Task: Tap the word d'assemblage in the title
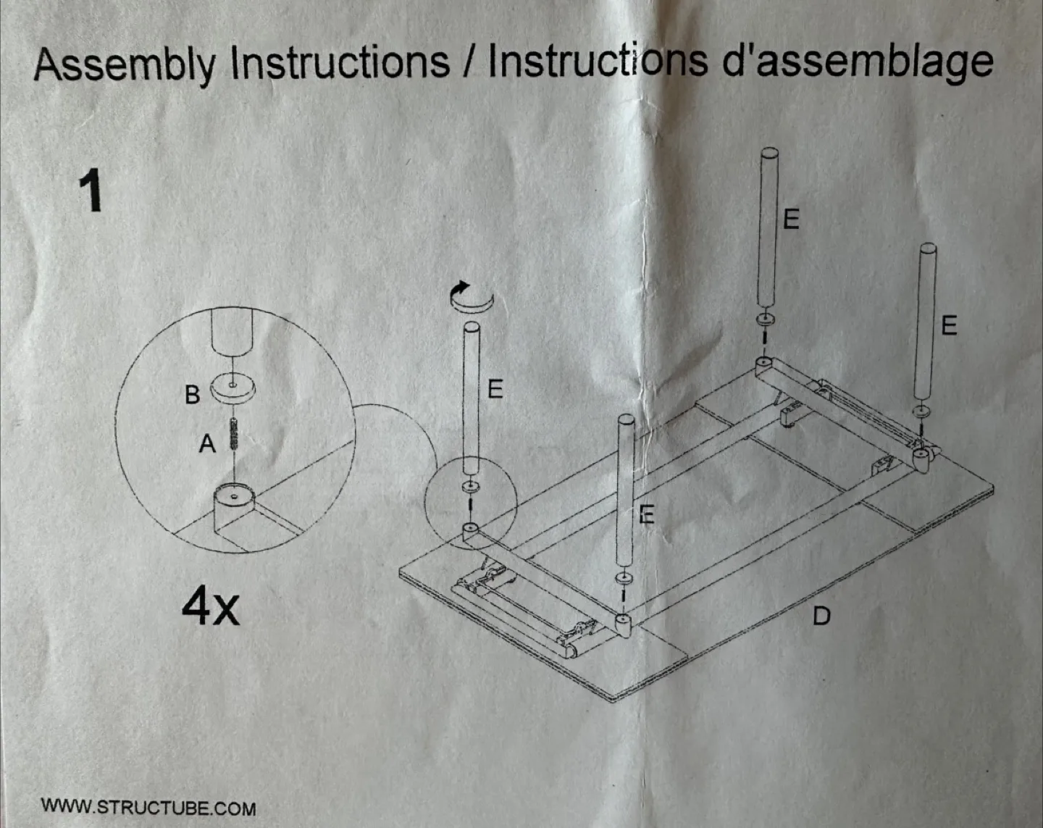[858, 61]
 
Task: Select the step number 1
[91, 191]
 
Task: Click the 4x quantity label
[210, 607]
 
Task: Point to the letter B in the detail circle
[192, 395]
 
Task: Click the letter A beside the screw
[207, 443]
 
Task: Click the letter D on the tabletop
[821, 616]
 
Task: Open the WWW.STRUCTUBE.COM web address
[148, 807]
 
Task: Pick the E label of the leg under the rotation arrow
[495, 389]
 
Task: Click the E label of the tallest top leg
[792, 218]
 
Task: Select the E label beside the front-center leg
[647, 514]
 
